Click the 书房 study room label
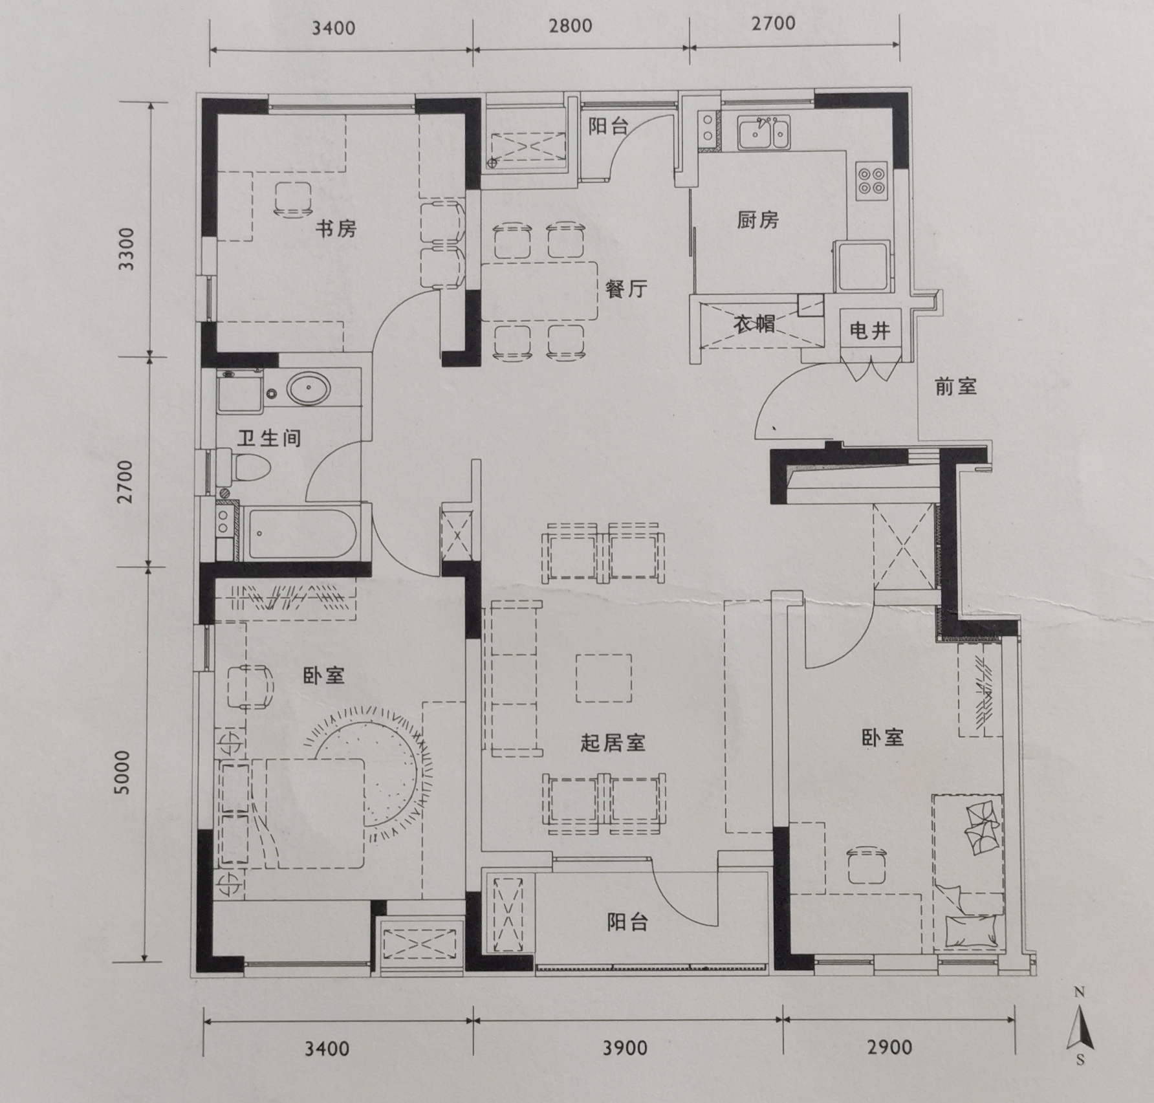[336, 228]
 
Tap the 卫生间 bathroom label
[269, 439]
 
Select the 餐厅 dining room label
[626, 289]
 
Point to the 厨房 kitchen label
[757, 220]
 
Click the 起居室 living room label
[613, 743]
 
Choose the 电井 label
[870, 331]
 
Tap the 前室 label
[955, 387]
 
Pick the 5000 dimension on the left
[122, 772]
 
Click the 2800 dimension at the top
[571, 26]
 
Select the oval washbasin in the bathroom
[309, 389]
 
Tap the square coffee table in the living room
[604, 678]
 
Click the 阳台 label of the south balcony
[627, 923]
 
